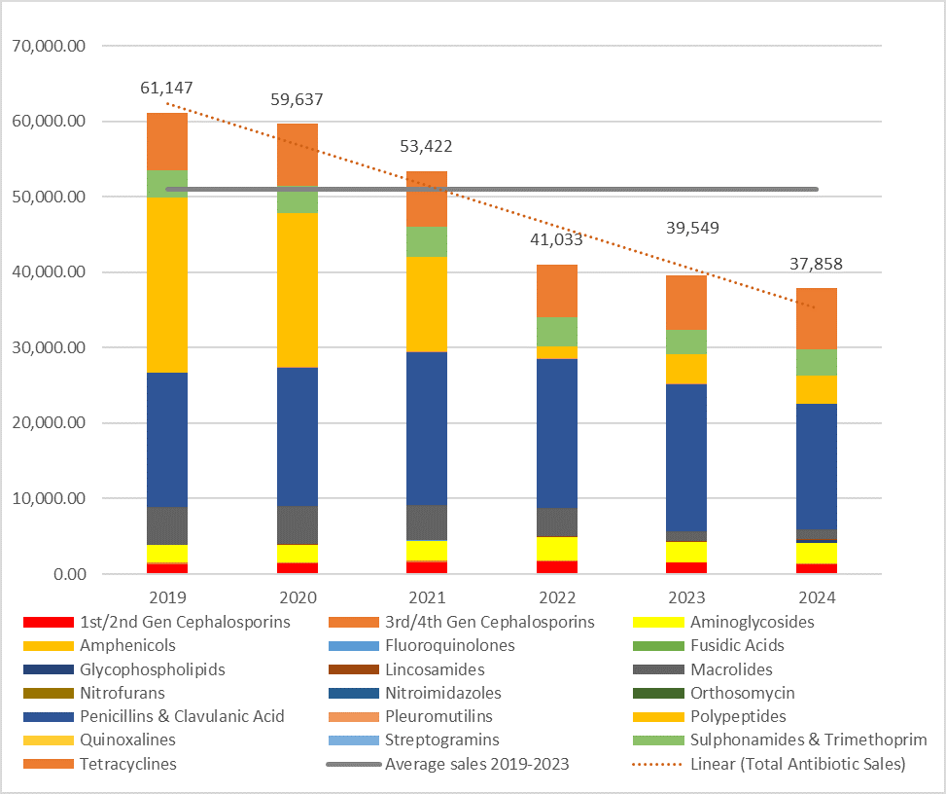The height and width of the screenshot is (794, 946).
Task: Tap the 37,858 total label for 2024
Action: [802, 265]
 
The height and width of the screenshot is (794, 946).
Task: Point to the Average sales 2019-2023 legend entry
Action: [476, 764]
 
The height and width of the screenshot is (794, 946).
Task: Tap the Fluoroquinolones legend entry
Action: [450, 645]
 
